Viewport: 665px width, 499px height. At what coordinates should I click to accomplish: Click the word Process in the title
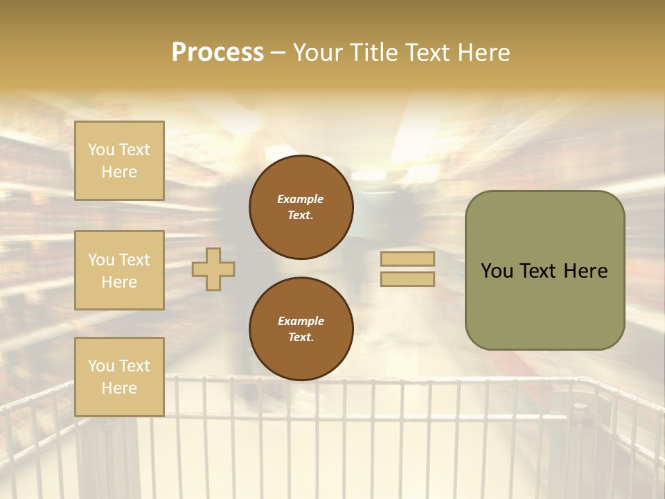pyautogui.click(x=218, y=53)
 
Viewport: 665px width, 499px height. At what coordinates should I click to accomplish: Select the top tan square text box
pyautogui.click(x=119, y=161)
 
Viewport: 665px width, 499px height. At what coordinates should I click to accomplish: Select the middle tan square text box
pyautogui.click(x=119, y=270)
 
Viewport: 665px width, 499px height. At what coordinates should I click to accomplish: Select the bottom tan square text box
pyautogui.click(x=119, y=377)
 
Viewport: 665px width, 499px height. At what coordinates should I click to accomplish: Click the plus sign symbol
pyautogui.click(x=213, y=269)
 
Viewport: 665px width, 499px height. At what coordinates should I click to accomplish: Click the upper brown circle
pyautogui.click(x=301, y=207)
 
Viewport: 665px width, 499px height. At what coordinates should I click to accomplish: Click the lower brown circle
pyautogui.click(x=301, y=329)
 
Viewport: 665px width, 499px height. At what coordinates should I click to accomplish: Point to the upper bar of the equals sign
pyautogui.click(x=407, y=259)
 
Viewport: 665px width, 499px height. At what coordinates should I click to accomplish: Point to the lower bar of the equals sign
pyautogui.click(x=407, y=279)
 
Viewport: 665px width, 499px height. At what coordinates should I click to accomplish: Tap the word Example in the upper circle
pyautogui.click(x=300, y=199)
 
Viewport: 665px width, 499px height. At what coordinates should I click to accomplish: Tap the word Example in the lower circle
pyautogui.click(x=301, y=321)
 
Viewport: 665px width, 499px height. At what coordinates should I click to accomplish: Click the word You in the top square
pyautogui.click(x=101, y=150)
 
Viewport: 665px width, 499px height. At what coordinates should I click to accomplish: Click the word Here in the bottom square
pyautogui.click(x=119, y=388)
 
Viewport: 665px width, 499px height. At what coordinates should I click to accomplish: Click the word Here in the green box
pyautogui.click(x=585, y=271)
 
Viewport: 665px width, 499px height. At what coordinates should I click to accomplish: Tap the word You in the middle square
pyautogui.click(x=101, y=260)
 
